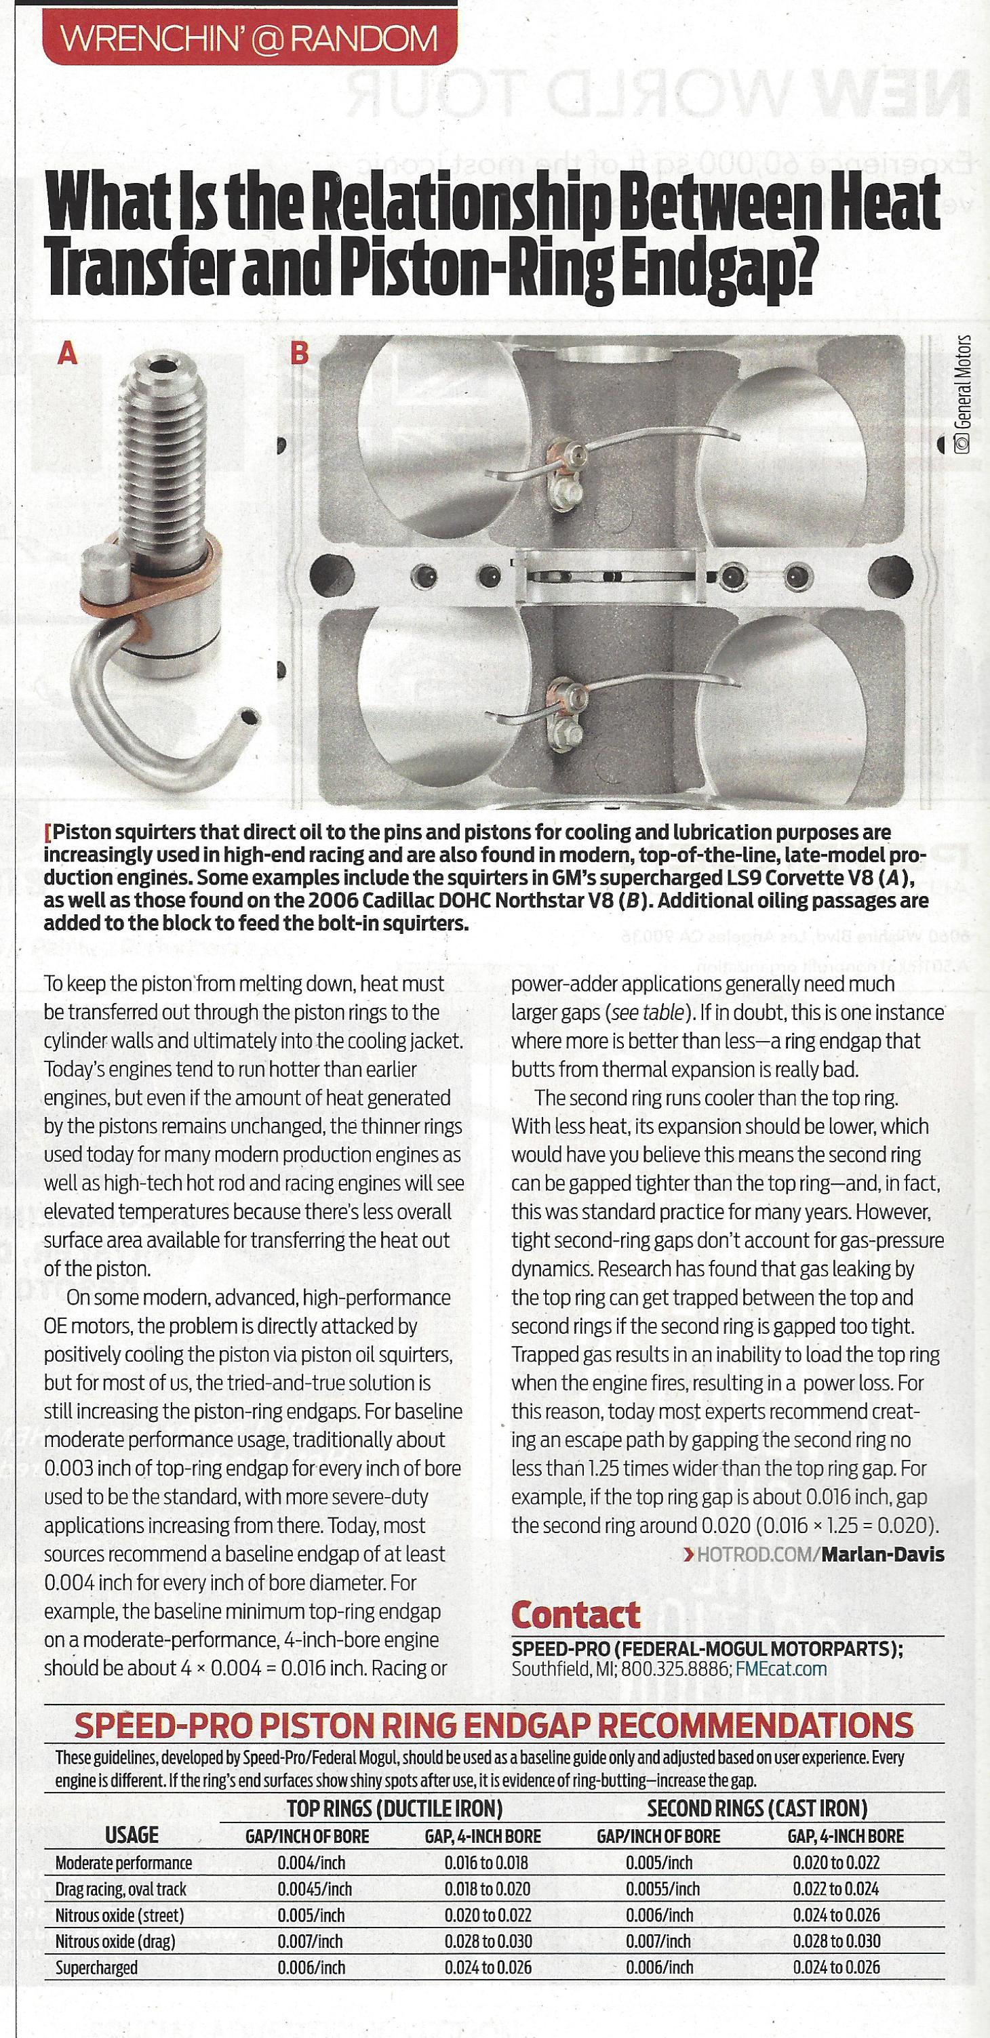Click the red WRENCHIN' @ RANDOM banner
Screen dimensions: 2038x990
(250, 38)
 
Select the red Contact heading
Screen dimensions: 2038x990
(575, 1614)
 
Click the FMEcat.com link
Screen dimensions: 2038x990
(781, 1669)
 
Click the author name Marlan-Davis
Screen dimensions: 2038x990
(882, 1555)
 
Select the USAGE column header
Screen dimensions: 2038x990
(132, 1835)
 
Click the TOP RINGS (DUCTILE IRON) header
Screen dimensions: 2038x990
(394, 1808)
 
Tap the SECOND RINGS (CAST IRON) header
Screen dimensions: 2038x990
(757, 1808)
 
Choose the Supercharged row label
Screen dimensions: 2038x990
(96, 1968)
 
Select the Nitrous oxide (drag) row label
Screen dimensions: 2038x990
(115, 1942)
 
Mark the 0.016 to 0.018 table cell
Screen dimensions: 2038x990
(486, 1863)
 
